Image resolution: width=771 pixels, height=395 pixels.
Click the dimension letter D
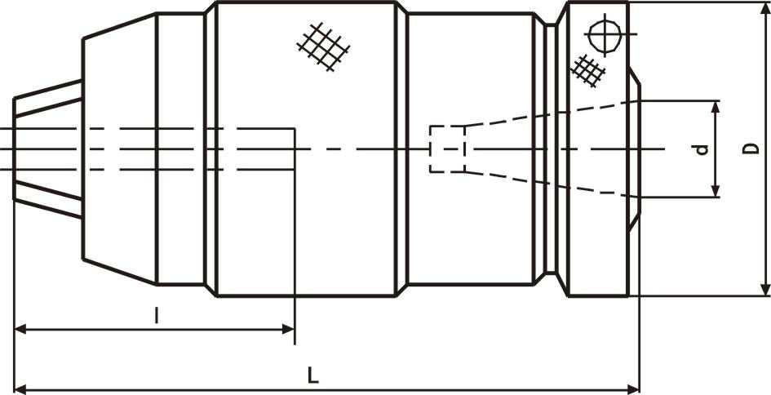(751, 149)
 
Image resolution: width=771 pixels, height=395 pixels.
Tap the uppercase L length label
(313, 376)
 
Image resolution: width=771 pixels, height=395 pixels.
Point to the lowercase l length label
(157, 315)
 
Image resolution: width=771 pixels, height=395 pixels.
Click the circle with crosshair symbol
(605, 34)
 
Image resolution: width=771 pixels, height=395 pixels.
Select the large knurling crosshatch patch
(323, 47)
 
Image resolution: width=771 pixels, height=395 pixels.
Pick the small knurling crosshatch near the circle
(588, 71)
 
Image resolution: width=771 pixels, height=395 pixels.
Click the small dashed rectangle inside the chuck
(447, 149)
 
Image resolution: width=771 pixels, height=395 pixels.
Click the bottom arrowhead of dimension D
(765, 289)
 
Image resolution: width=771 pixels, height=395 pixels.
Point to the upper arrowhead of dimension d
(716, 108)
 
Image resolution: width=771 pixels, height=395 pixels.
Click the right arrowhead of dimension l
(288, 329)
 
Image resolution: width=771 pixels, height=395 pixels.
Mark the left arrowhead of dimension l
(22, 329)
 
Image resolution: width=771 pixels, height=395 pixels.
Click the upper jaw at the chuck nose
(47, 98)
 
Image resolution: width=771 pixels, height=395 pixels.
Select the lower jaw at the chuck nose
(47, 199)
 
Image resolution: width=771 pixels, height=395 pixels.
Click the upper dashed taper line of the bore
(551, 113)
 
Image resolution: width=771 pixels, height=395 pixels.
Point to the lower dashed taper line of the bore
(551, 185)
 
